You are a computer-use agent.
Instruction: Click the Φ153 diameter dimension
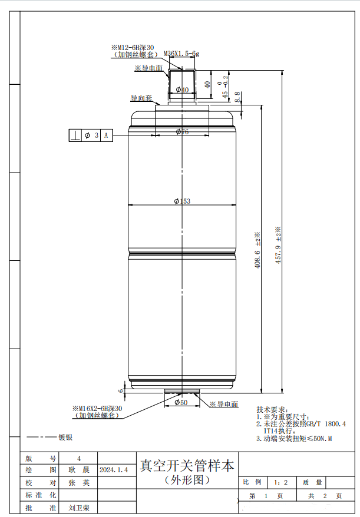183,201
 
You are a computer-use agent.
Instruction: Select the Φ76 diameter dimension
182,132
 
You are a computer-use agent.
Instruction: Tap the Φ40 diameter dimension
182,90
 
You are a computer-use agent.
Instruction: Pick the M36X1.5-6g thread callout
181,54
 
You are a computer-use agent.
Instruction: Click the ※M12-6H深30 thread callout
133,47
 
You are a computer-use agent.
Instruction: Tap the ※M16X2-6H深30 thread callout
97,408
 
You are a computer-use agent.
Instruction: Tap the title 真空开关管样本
186,466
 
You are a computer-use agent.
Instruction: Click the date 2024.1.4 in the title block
114,470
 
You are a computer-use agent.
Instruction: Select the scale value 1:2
281,482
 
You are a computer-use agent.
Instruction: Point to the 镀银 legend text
65,438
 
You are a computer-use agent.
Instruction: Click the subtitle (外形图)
187,480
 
